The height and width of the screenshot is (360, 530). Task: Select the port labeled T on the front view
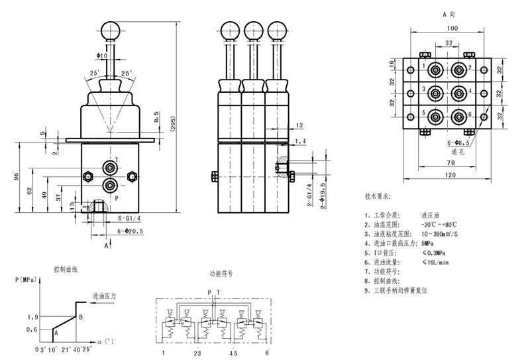(x=109, y=166)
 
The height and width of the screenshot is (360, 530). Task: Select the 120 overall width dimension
(x=451, y=174)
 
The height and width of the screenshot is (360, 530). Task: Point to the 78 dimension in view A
(x=450, y=161)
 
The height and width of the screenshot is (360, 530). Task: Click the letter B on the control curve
(x=80, y=318)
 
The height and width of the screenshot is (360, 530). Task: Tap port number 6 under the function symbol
(x=267, y=353)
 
